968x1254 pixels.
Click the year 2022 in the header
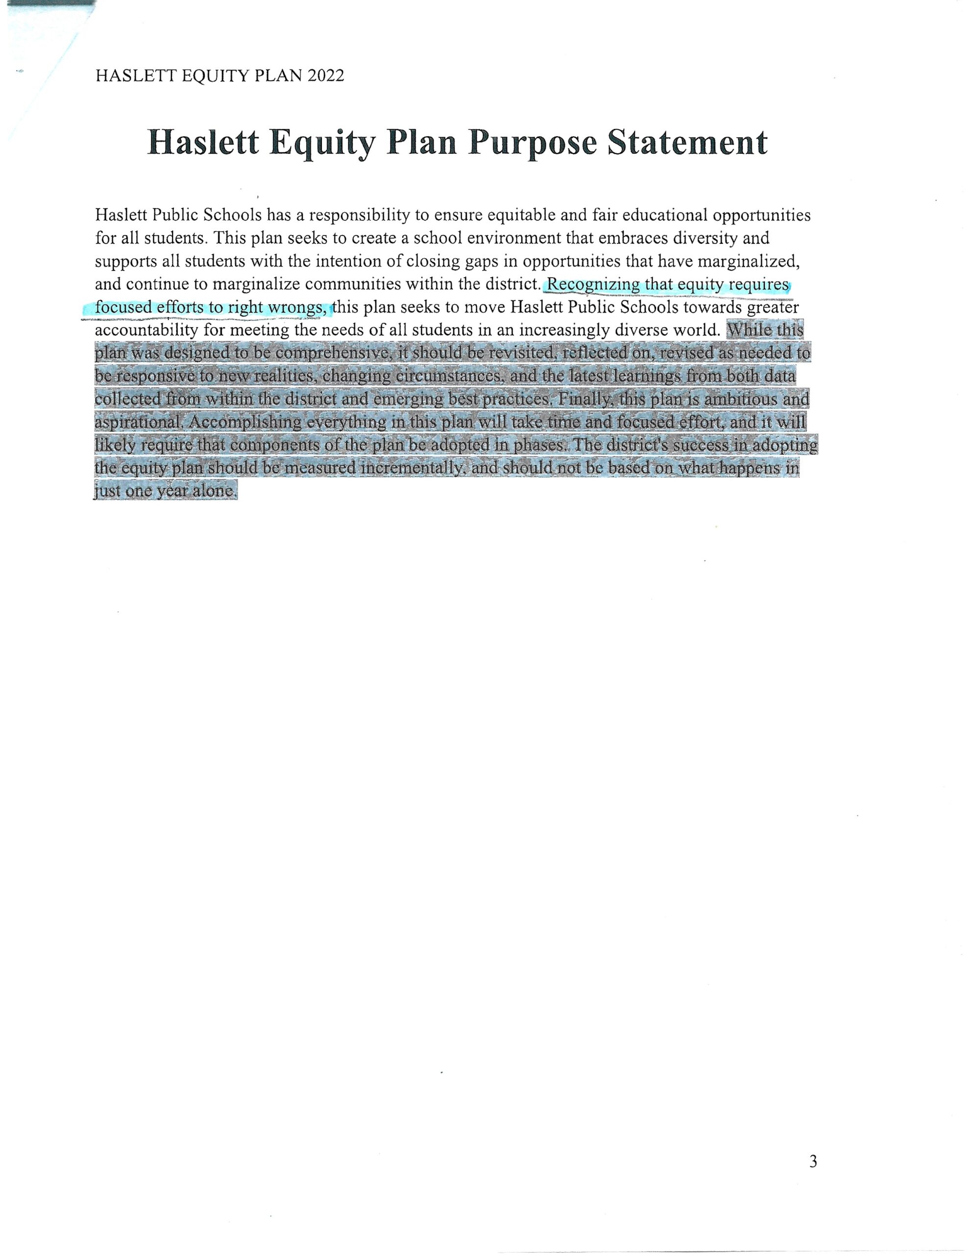click(x=326, y=76)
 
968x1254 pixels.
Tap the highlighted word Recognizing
click(x=593, y=284)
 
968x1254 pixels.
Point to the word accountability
click(x=146, y=331)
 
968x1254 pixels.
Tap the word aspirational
click(x=139, y=423)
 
